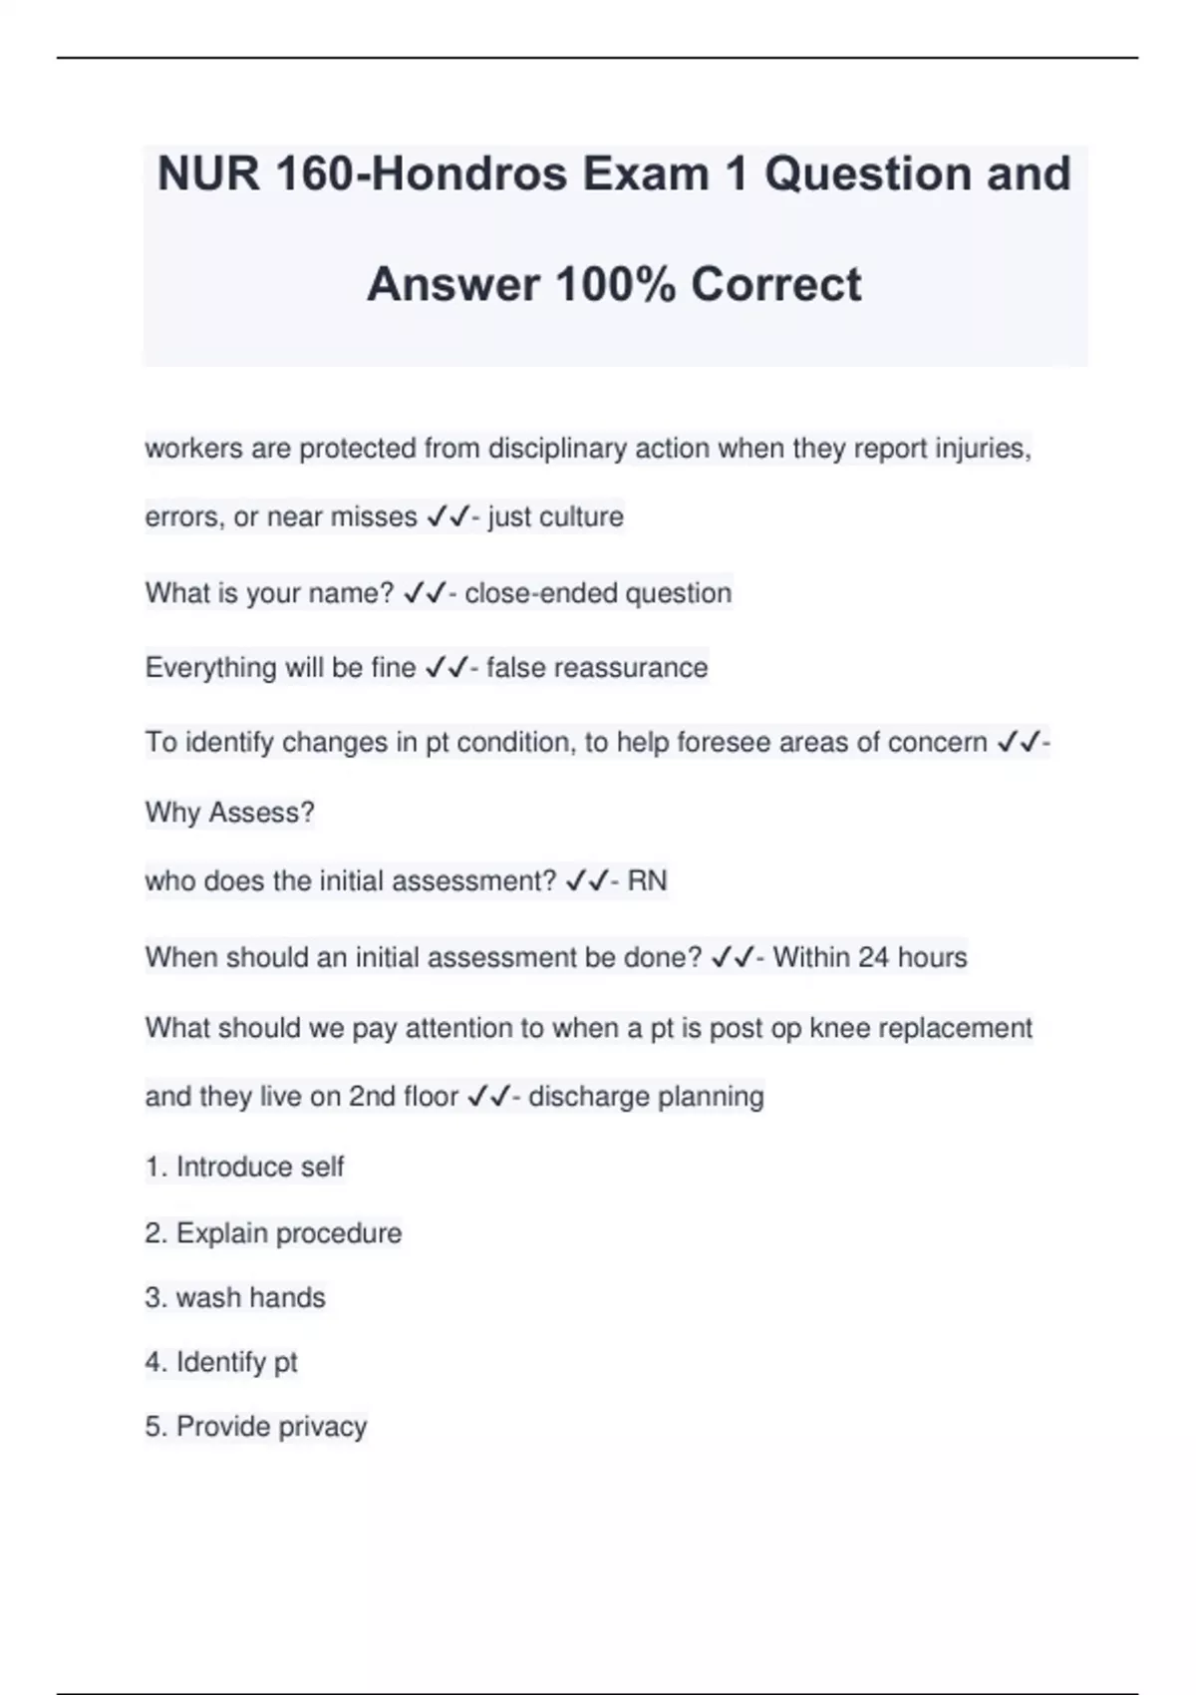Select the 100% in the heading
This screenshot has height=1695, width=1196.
pyautogui.click(x=616, y=284)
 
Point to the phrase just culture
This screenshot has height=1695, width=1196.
pyautogui.click(x=555, y=516)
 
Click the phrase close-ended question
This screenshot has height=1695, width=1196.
pyautogui.click(x=598, y=593)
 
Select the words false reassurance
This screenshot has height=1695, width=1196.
pyautogui.click(x=597, y=667)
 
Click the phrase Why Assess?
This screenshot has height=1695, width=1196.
pyautogui.click(x=229, y=813)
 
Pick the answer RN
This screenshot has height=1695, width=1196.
pyautogui.click(x=647, y=881)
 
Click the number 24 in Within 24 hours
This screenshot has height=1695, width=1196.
pyautogui.click(x=873, y=957)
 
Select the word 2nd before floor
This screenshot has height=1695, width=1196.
pyautogui.click(x=372, y=1097)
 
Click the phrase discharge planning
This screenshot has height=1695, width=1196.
pyautogui.click(x=646, y=1097)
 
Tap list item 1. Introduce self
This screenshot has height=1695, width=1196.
pyautogui.click(x=245, y=1167)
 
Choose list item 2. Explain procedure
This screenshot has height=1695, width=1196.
pyautogui.click(x=273, y=1233)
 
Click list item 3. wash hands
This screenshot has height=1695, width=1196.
pyautogui.click(x=235, y=1298)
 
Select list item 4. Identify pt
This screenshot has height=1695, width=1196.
pyautogui.click(x=221, y=1362)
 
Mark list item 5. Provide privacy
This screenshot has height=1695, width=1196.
pyautogui.click(x=256, y=1427)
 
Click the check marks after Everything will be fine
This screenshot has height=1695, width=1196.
pyautogui.click(x=446, y=667)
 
